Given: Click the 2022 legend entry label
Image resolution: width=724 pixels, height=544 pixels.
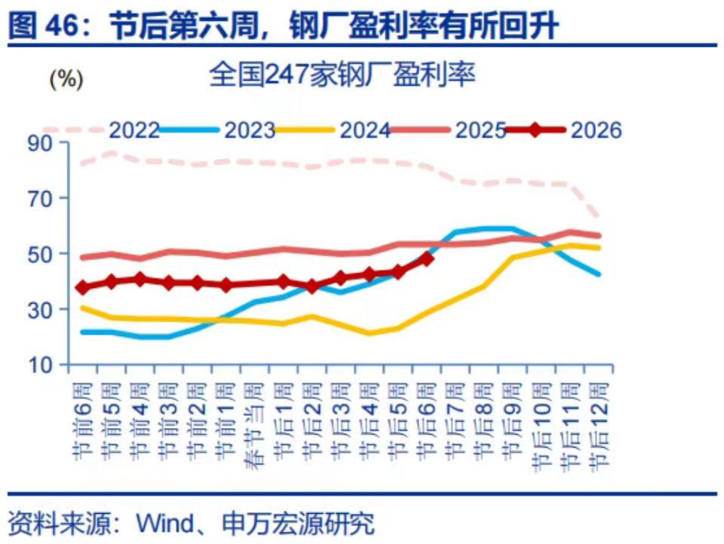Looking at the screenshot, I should coord(134,130).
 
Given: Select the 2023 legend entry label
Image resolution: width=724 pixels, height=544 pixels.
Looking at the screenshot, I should coord(249,130).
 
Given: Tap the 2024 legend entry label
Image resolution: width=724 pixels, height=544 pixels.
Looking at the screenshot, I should coord(364,130).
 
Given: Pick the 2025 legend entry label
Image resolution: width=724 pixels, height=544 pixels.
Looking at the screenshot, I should coord(480,130).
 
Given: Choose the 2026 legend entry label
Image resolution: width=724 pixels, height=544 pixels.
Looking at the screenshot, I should coord(596,130).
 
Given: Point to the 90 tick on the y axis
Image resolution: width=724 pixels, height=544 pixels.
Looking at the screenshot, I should coord(38,142).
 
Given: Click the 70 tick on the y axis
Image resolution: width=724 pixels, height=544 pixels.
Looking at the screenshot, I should coord(38,198).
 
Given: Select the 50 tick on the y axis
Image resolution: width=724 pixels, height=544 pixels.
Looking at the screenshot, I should coord(38,254).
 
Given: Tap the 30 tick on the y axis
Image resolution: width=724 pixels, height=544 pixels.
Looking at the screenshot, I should coord(38,310).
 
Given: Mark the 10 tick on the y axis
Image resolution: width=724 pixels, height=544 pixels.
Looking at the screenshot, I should coord(38,365).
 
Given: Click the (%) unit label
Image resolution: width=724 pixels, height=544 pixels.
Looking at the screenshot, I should coord(66,78).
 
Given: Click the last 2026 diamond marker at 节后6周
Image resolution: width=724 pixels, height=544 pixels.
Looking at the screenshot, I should coord(427,258).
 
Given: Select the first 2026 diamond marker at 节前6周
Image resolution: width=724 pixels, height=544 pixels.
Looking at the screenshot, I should coord(82,287).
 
